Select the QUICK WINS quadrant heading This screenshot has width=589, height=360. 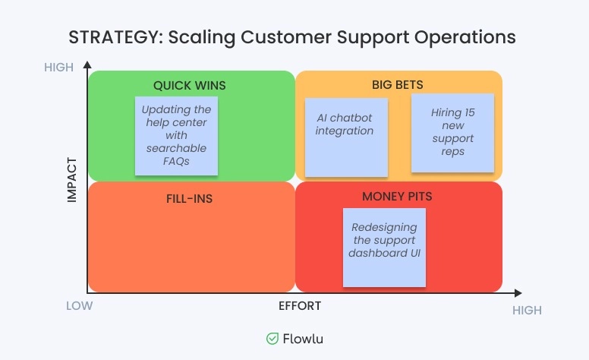[190, 85]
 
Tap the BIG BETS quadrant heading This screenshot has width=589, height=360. [398, 84]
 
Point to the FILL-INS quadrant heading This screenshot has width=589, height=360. [189, 199]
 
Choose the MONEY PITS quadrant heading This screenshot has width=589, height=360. [397, 196]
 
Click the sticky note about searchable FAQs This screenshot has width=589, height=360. [176, 135]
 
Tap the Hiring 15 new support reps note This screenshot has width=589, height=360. [452, 132]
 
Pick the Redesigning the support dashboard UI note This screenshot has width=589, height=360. [384, 247]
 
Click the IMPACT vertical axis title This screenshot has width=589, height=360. [73, 179]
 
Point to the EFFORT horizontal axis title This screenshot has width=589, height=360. [300, 306]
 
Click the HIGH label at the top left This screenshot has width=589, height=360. [59, 68]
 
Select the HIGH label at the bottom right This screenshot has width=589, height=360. [527, 310]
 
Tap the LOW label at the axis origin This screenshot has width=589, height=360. [79, 306]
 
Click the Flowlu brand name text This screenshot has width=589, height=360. [303, 339]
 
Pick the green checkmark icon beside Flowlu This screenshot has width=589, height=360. [272, 339]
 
